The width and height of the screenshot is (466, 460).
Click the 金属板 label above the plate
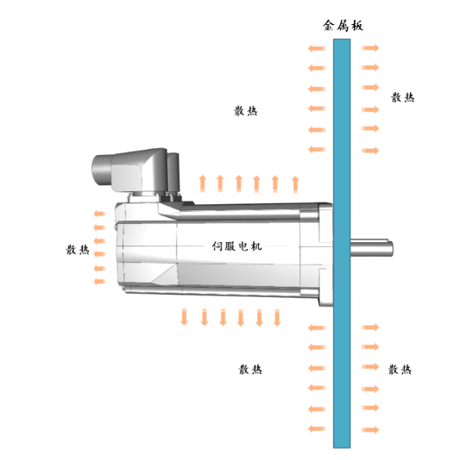[x=343, y=25]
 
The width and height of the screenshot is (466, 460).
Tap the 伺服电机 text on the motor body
[x=236, y=246]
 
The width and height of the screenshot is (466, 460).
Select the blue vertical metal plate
[x=342, y=243]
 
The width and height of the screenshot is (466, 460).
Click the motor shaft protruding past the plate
[x=372, y=248]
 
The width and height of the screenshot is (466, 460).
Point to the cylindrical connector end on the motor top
[x=102, y=170]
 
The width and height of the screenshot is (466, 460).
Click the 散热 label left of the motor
[x=78, y=250]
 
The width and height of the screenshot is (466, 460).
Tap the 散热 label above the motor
[x=245, y=110]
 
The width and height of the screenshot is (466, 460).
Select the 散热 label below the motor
[x=250, y=370]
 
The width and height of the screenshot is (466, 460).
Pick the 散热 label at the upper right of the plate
[x=402, y=97]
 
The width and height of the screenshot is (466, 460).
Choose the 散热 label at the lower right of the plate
[x=400, y=370]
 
